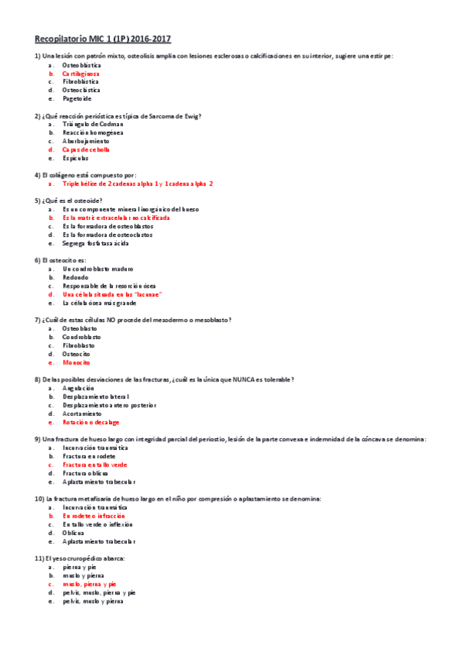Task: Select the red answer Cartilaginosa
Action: [81, 73]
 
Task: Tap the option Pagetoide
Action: [77, 98]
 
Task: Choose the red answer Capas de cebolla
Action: [86, 149]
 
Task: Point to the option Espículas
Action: [78, 158]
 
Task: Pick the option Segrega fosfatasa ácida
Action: [96, 243]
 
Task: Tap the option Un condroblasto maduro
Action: [98, 268]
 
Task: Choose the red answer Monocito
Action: [76, 361]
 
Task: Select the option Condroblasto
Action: [81, 336]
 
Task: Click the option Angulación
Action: [78, 388]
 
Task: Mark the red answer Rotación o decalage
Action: [91, 422]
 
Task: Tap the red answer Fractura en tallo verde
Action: [95, 464]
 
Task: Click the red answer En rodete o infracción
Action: [94, 515]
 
